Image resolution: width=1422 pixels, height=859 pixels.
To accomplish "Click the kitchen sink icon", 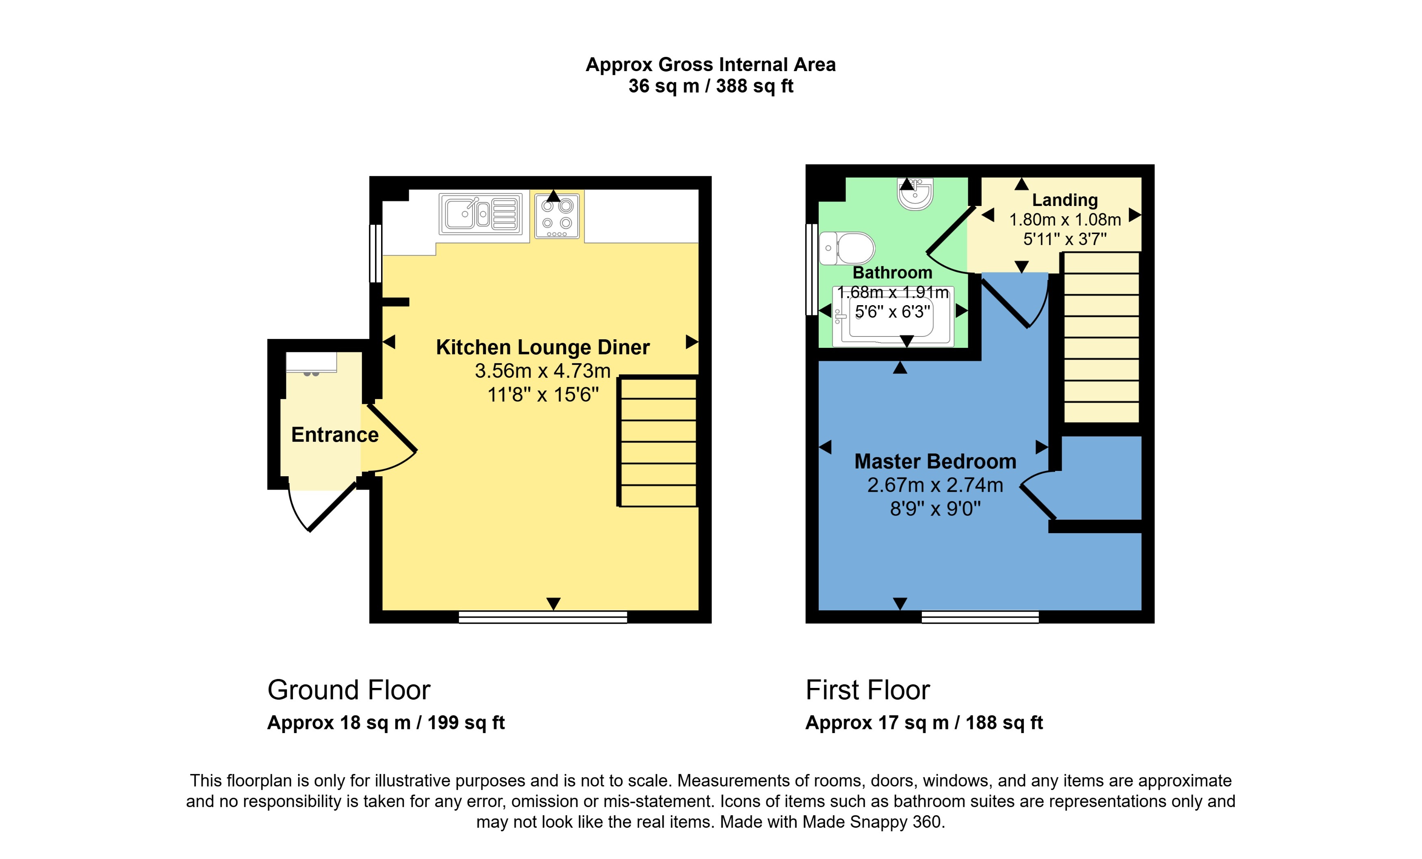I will click(x=480, y=214).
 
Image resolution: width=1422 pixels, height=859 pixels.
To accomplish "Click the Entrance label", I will click(x=335, y=435).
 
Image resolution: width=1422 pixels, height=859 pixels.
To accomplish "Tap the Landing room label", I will click(x=1065, y=200).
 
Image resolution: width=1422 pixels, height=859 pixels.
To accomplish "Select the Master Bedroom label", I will click(x=935, y=461).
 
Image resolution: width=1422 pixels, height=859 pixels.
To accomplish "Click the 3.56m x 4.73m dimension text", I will click(x=542, y=371).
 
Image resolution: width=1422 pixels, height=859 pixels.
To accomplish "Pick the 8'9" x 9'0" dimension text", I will click(x=935, y=509).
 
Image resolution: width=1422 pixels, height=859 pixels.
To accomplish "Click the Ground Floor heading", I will click(x=349, y=690).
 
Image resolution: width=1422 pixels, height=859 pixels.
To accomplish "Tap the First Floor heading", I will click(x=867, y=690).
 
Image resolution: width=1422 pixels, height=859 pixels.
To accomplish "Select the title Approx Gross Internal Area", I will click(x=711, y=65).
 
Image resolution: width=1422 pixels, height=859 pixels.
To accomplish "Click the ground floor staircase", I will click(x=658, y=442).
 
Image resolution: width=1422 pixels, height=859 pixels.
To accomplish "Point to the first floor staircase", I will click(x=1101, y=338).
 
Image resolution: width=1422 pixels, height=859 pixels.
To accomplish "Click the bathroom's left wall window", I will click(x=811, y=269).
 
